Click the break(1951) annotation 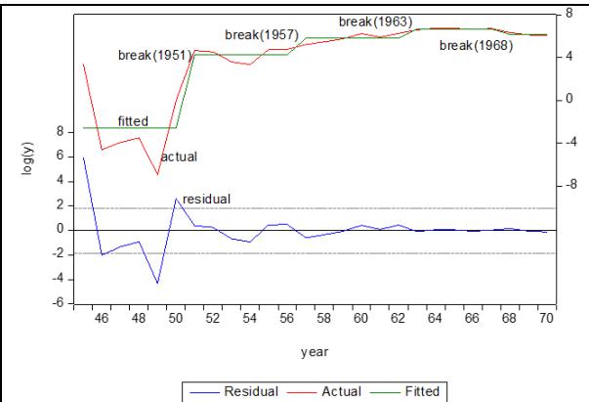[x=153, y=56]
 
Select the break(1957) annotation [x=260, y=34]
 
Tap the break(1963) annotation [x=375, y=21]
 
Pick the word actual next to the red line [x=179, y=156]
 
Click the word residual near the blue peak [x=206, y=199]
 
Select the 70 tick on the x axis [x=546, y=319]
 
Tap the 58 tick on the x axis [x=324, y=319]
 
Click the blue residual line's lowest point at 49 [x=157, y=284]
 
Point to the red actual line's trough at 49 [x=157, y=175]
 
